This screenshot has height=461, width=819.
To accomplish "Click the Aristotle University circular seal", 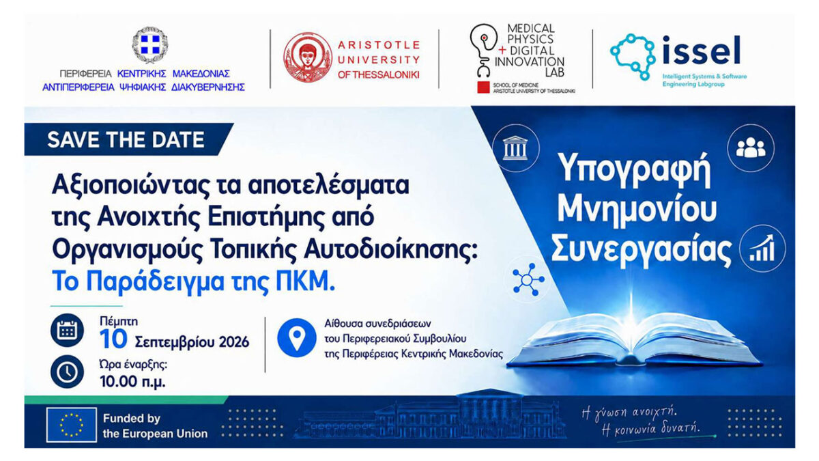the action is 308,57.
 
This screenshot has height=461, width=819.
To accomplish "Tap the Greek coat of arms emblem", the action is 150,44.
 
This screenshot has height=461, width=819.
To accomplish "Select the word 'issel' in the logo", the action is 702,50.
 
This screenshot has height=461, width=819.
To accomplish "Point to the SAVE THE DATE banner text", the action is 126,140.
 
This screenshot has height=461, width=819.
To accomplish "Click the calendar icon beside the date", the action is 67,330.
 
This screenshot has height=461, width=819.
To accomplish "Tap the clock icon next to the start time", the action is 67,372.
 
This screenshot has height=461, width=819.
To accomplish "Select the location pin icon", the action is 296,337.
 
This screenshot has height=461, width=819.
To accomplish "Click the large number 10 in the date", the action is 113,339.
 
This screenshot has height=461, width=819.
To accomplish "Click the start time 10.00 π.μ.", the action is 132,382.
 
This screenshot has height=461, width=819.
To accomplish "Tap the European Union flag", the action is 72,425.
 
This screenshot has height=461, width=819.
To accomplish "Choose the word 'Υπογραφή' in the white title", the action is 635,170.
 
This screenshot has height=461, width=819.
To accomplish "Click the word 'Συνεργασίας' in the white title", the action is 642,250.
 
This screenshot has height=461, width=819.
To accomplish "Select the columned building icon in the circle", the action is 515,148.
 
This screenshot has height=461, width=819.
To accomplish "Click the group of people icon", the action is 751,148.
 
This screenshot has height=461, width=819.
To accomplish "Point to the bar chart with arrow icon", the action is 762,248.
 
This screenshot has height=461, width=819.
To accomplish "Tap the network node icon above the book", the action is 528,279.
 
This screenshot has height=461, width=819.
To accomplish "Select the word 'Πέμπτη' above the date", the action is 119,322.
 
